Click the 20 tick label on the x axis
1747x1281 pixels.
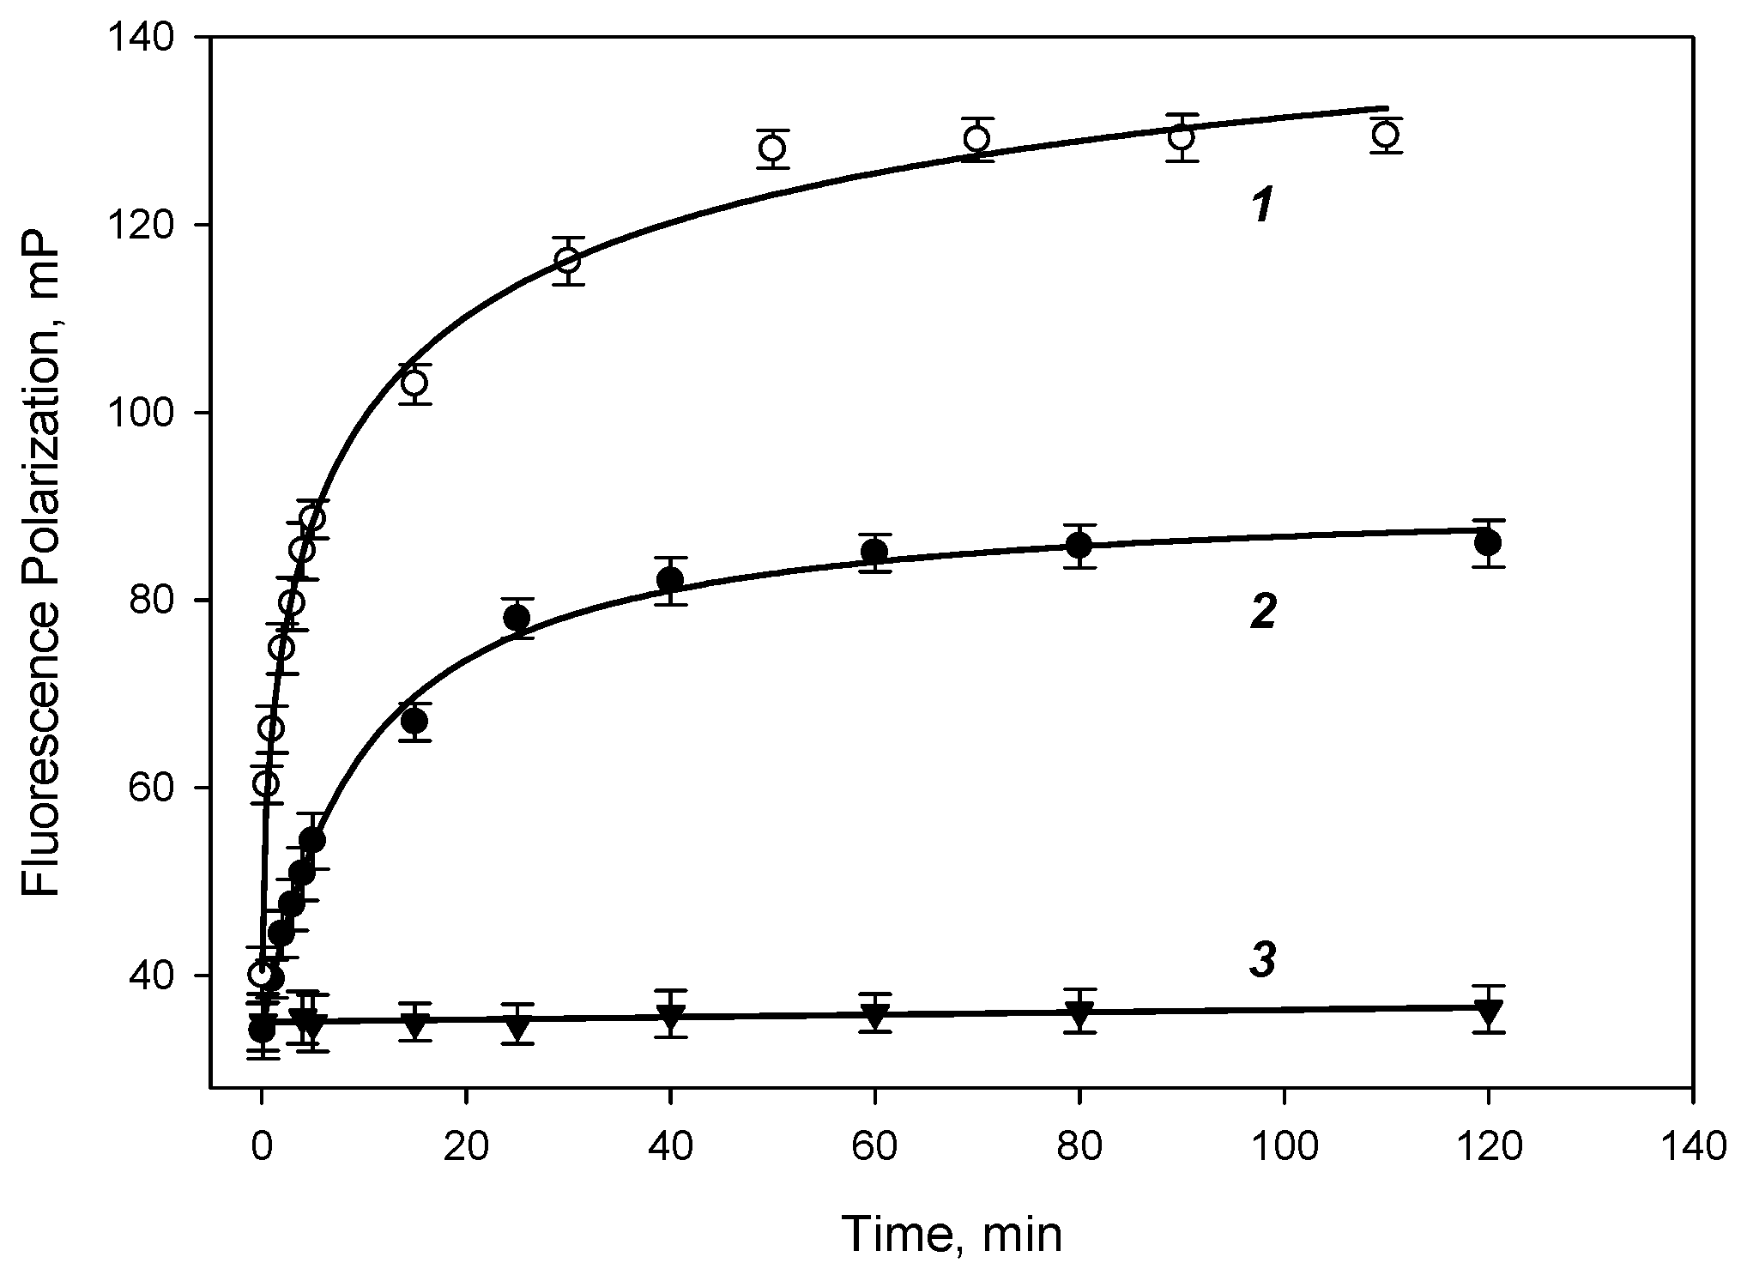point(465,1147)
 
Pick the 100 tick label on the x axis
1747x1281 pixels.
point(1284,1147)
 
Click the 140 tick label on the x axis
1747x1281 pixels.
point(1692,1147)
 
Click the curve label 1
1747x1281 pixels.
point(1260,208)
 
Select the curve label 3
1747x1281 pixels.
point(1262,963)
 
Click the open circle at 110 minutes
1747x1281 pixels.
point(1386,135)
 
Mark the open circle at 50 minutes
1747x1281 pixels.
point(772,148)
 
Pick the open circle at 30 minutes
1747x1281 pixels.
point(568,260)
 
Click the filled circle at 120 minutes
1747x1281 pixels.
point(1488,543)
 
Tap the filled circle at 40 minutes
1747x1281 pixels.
point(670,580)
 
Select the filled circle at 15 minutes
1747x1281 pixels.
point(414,722)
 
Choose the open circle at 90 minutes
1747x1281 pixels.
point(1182,137)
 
